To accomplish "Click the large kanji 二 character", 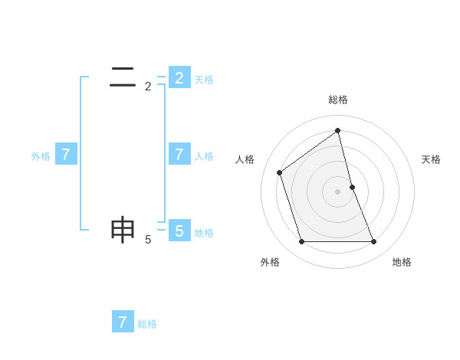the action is (123, 77).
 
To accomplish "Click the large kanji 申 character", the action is (123, 230).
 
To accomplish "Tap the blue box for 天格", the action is (179, 78).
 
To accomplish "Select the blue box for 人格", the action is (179, 155).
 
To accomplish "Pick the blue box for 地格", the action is (179, 231).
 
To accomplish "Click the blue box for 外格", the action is (66, 155).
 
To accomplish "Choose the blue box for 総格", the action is (123, 322).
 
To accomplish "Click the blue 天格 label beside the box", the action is (204, 80).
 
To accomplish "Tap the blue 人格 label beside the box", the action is (204, 156).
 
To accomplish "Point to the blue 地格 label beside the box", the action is (204, 233).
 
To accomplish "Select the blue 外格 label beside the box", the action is (41, 156).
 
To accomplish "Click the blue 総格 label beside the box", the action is (147, 324).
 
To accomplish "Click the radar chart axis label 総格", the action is (338, 100).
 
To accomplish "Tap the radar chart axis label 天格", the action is (431, 159).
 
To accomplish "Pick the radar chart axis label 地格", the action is (402, 262).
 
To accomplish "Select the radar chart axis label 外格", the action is (270, 262).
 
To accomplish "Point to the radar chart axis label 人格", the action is (245, 159).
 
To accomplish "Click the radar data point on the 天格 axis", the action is (352, 187).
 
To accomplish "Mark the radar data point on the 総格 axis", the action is (338, 131).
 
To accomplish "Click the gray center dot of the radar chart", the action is (338, 191).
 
